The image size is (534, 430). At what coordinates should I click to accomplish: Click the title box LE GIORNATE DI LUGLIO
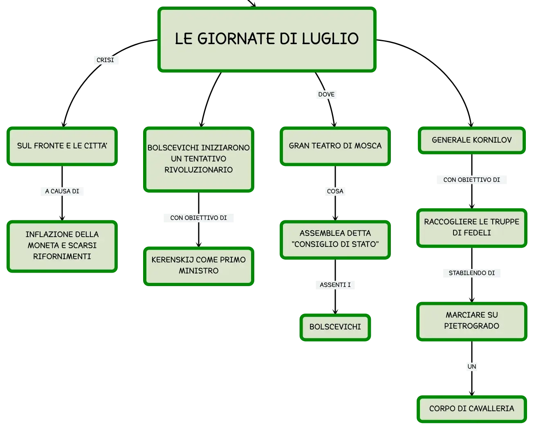pyautogui.click(x=267, y=40)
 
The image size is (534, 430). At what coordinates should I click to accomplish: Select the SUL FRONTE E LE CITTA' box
pyautogui.click(x=62, y=146)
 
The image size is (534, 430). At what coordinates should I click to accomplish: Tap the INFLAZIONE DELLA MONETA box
pyautogui.click(x=62, y=246)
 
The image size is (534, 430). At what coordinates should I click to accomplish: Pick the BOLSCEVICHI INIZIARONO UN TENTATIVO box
pyautogui.click(x=199, y=159)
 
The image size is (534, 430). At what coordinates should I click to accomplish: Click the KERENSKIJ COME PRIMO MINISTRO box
pyautogui.click(x=199, y=266)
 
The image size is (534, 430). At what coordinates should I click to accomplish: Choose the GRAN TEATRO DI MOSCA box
pyautogui.click(x=335, y=146)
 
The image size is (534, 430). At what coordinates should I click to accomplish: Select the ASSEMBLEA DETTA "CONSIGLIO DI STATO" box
pyautogui.click(x=335, y=240)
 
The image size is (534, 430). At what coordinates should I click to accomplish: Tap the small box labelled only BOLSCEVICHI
pyautogui.click(x=335, y=327)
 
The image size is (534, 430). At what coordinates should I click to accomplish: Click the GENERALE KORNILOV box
pyautogui.click(x=472, y=141)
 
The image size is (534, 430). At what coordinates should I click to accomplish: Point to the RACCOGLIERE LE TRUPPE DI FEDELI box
pyautogui.click(x=472, y=228)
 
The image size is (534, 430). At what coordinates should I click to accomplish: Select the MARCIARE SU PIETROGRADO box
pyautogui.click(x=472, y=321)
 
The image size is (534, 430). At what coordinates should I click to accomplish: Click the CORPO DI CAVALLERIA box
pyautogui.click(x=472, y=409)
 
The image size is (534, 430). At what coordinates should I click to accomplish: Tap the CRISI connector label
pyautogui.click(x=105, y=60)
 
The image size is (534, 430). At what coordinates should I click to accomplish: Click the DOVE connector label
pyautogui.click(x=326, y=94)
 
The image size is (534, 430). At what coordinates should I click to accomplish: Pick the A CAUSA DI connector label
pyautogui.click(x=62, y=191)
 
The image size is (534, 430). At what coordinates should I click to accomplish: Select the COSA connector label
pyautogui.click(x=335, y=191)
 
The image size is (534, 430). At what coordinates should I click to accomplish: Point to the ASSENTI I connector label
pyautogui.click(x=335, y=285)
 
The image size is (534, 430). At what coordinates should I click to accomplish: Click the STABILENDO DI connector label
pyautogui.click(x=472, y=273)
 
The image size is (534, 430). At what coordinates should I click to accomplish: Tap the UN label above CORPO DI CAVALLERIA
pyautogui.click(x=472, y=367)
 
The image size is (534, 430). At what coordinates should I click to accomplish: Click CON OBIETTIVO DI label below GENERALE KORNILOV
pyautogui.click(x=472, y=179)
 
